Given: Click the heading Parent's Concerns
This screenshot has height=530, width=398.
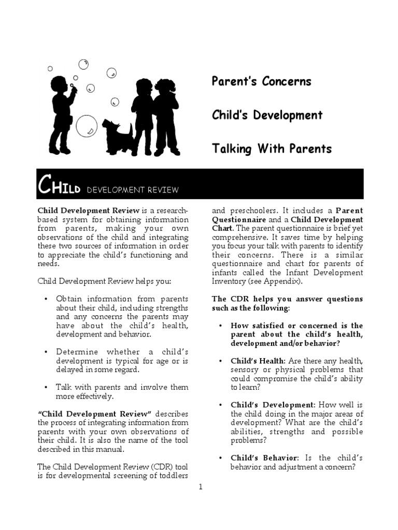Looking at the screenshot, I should [262, 81].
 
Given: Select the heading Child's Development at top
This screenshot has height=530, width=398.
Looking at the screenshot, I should [267, 115].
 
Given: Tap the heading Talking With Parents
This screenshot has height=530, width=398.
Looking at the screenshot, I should [272, 149].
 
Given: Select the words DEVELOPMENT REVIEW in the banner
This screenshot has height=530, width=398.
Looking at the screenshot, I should [133, 190].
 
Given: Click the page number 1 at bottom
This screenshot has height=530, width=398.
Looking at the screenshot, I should [200, 487].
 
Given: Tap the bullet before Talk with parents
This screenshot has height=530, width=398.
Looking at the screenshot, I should [46, 387].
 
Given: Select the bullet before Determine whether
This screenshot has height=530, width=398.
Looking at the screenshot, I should [46, 352].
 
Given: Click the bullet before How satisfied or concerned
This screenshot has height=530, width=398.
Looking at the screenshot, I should [221, 326].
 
